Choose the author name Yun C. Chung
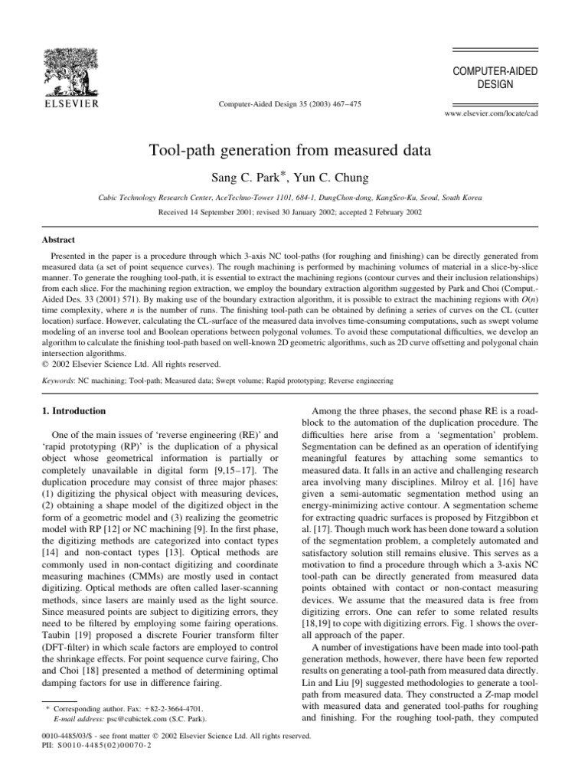pos(340,178)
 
